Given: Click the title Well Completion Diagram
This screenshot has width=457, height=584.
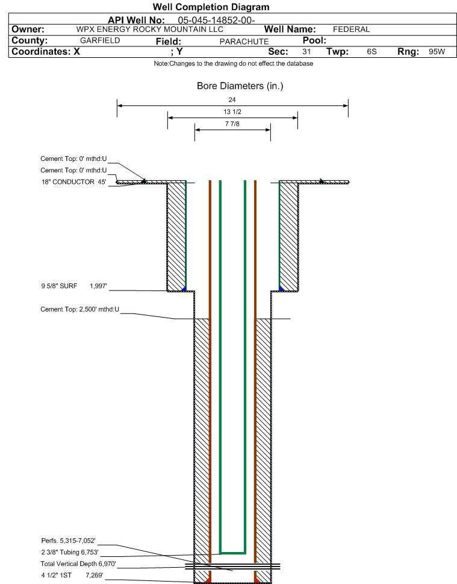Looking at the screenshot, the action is (211, 7).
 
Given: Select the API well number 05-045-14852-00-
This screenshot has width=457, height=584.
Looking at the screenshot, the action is (216, 20).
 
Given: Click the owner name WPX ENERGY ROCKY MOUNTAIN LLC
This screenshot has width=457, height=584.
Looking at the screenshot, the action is (149, 30).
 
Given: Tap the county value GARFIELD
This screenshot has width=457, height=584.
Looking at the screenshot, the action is (100, 40).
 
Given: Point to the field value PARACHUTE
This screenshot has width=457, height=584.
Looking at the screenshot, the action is (244, 42).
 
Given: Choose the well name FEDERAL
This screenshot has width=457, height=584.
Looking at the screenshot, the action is (351, 30).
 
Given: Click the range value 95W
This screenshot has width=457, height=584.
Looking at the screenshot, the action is (437, 52).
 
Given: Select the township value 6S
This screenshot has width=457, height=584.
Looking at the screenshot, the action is (372, 52).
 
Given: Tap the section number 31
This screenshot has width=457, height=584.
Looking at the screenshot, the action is (306, 52).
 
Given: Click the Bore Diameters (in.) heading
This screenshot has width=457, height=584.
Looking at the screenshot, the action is (240, 86).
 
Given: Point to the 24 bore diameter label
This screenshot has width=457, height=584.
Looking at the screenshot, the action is (232, 100).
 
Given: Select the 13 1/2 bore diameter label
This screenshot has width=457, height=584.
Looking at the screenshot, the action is (232, 111).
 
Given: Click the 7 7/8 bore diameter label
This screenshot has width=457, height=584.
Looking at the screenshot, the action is (232, 124).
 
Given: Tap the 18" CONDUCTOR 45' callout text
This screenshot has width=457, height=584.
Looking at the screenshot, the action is (73, 182).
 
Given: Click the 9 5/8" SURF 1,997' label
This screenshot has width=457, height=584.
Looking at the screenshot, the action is (74, 286).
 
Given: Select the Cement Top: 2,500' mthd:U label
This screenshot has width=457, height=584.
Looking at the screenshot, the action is (79, 309).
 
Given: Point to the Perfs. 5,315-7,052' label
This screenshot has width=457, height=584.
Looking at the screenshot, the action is (69, 541).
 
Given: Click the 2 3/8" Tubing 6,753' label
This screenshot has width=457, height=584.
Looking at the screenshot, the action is (70, 552).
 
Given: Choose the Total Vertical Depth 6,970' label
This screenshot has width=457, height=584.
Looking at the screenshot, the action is (78, 564).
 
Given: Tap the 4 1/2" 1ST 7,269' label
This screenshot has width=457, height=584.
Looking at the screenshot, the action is (72, 575).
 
